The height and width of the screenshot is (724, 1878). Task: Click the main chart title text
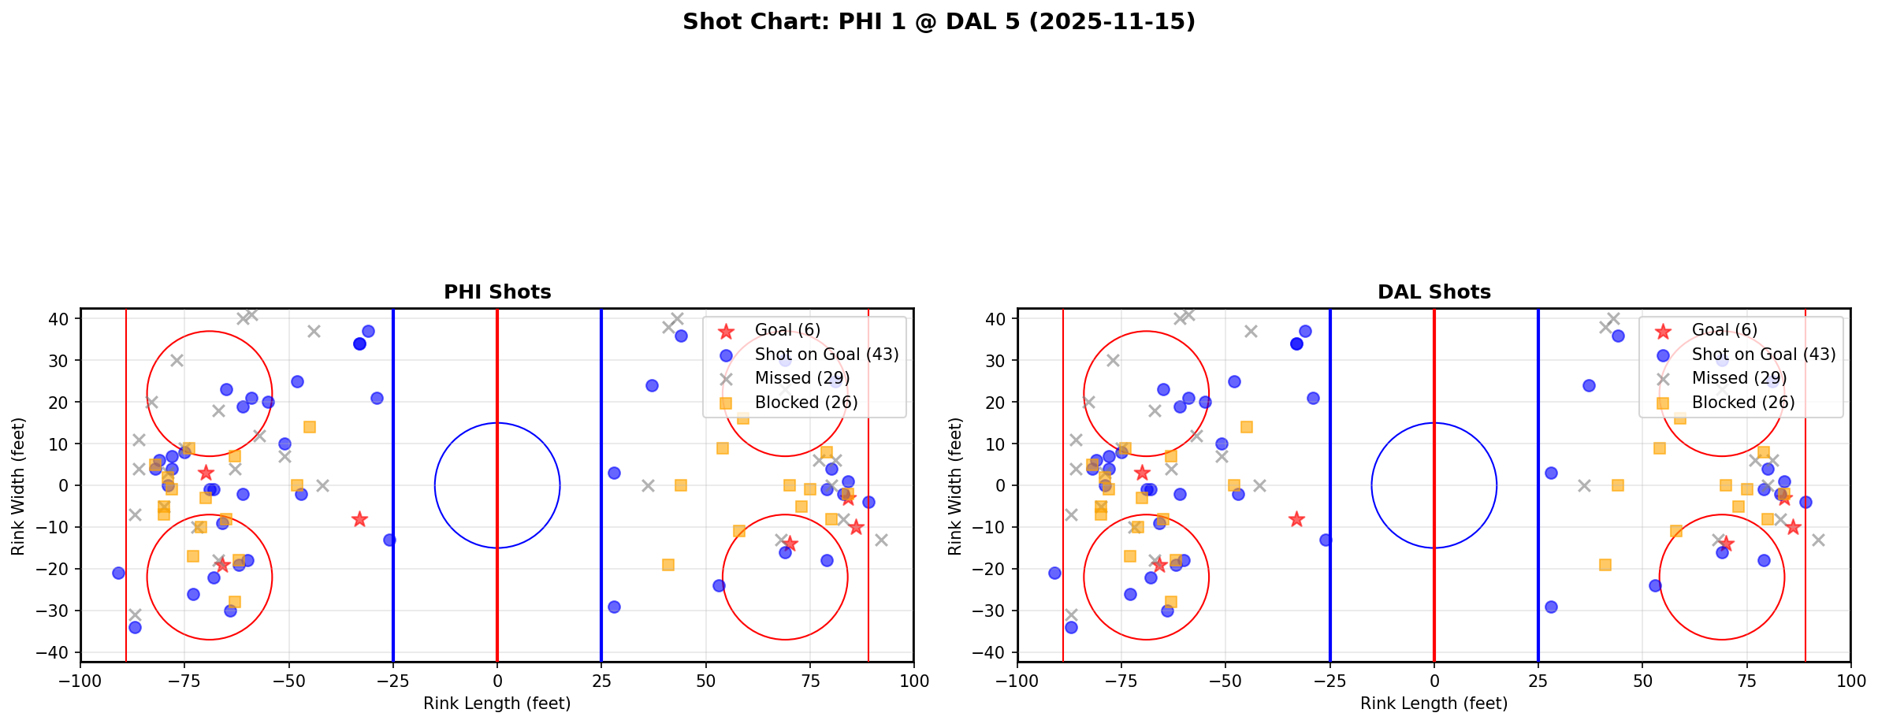point(939,22)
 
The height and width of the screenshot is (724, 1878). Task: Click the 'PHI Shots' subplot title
point(497,292)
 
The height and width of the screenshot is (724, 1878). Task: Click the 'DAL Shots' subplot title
point(1434,292)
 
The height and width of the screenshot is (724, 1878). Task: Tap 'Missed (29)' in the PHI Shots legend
point(801,378)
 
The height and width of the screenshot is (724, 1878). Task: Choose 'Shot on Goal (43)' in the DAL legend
point(1763,355)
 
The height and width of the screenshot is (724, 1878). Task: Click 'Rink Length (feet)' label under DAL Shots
point(1434,704)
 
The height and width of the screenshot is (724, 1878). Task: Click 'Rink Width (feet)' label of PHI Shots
point(18,486)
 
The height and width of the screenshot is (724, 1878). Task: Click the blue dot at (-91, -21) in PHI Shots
point(118,573)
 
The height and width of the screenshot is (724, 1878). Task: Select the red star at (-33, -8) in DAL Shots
point(1296,519)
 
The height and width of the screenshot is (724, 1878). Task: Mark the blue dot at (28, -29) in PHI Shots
point(614,607)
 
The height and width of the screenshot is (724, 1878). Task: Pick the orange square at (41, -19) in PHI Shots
point(668,565)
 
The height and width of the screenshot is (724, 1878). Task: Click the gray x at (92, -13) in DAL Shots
point(1817,540)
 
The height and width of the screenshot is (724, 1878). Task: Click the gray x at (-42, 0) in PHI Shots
point(322,485)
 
